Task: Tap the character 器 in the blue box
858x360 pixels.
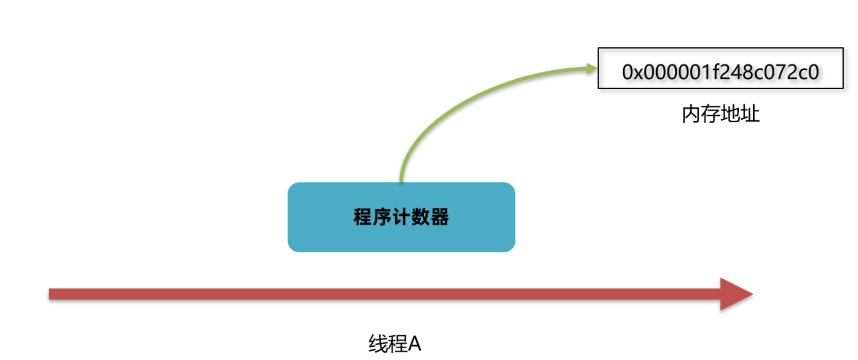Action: (439, 217)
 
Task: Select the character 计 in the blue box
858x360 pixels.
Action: (401, 217)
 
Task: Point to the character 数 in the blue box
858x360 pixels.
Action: (420, 217)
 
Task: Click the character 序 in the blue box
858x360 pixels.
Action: (382, 217)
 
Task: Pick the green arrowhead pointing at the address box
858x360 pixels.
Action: (592, 68)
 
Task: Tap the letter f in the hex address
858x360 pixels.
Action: (717, 72)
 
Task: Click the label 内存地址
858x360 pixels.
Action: (720, 114)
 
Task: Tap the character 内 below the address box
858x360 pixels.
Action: (691, 114)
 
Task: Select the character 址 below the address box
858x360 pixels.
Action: (750, 114)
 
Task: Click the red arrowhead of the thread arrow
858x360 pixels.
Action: (736, 294)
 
